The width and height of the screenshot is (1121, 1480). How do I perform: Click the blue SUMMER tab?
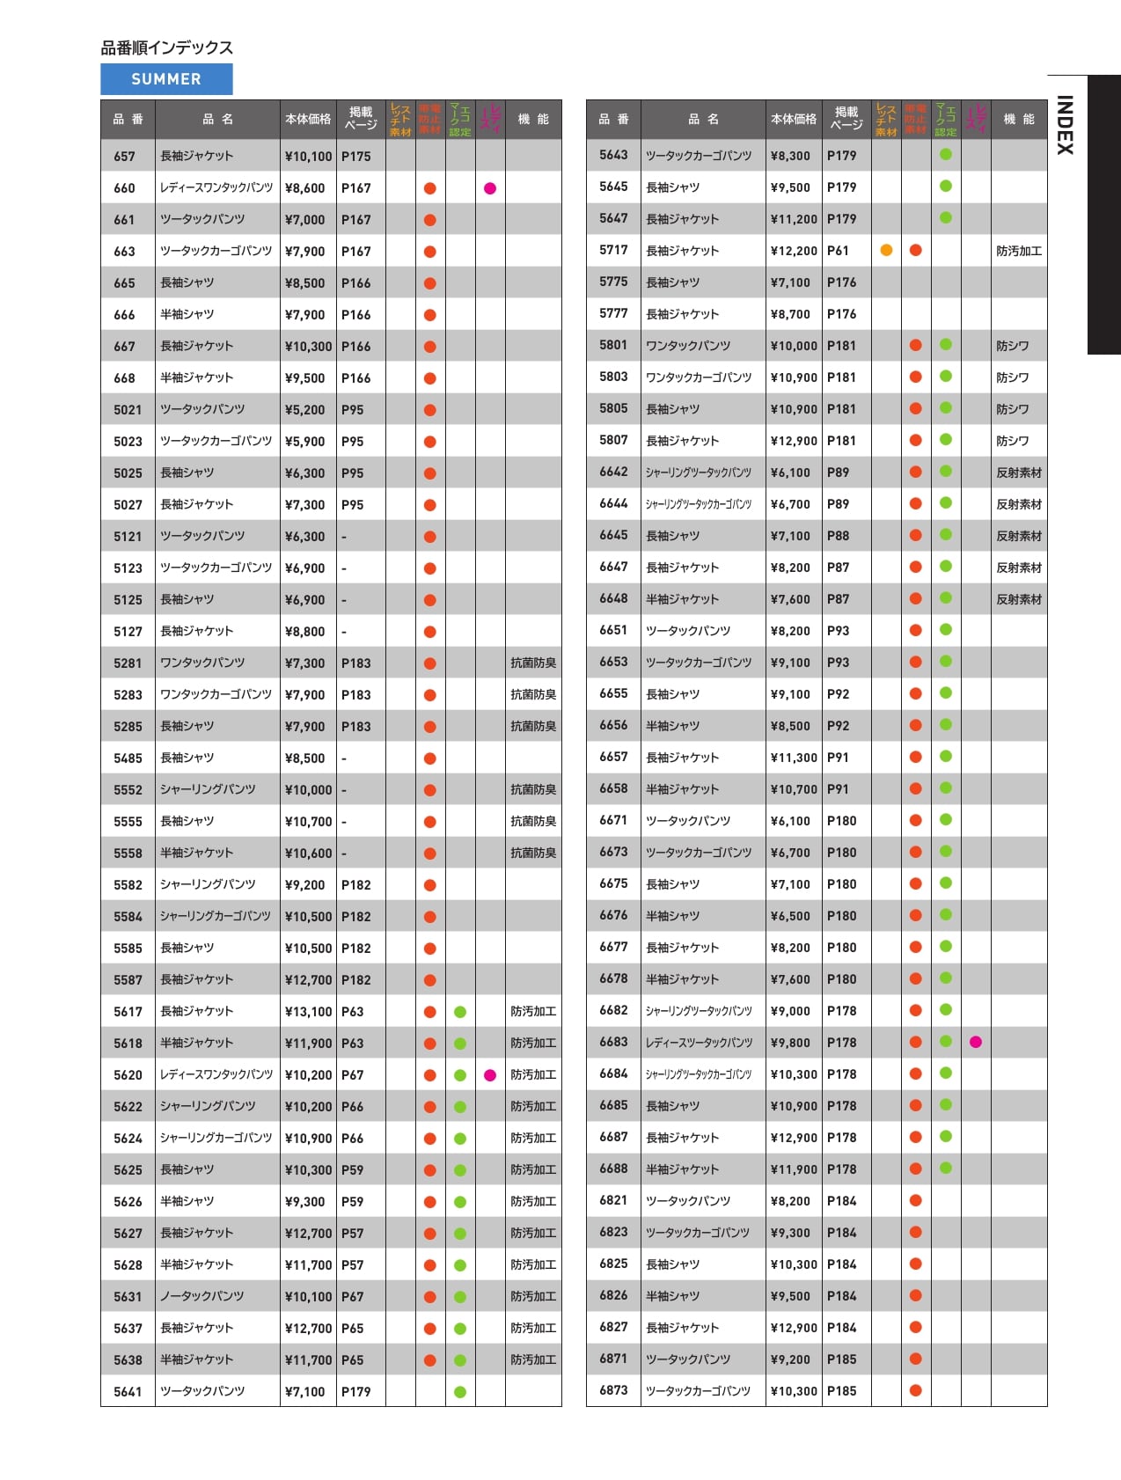(166, 79)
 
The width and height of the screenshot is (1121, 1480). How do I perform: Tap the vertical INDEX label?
(1065, 125)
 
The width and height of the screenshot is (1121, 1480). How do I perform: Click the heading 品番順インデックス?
(166, 48)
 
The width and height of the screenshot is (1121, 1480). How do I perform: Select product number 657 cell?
(125, 157)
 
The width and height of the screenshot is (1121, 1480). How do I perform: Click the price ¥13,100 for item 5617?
(308, 1012)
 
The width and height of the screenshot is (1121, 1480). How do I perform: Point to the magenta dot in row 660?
(490, 188)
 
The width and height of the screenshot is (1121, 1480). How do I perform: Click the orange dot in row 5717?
(886, 250)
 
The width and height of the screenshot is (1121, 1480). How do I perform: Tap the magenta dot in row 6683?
(975, 1042)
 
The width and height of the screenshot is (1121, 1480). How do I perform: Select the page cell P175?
(356, 157)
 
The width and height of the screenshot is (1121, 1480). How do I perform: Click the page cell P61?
(838, 251)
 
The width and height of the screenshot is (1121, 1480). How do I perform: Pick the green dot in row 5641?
(459, 1392)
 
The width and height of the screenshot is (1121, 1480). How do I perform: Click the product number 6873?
(613, 1390)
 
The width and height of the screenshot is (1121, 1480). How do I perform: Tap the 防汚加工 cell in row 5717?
(1019, 251)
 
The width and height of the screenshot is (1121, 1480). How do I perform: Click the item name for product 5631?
(202, 1296)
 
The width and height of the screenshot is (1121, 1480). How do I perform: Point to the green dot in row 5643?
(946, 155)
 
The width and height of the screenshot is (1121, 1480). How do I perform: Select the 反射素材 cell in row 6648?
(1019, 599)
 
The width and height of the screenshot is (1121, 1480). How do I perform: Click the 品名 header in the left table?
(217, 119)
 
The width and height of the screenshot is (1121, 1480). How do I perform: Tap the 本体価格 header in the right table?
(794, 119)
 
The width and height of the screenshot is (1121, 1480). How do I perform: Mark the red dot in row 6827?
(915, 1327)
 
